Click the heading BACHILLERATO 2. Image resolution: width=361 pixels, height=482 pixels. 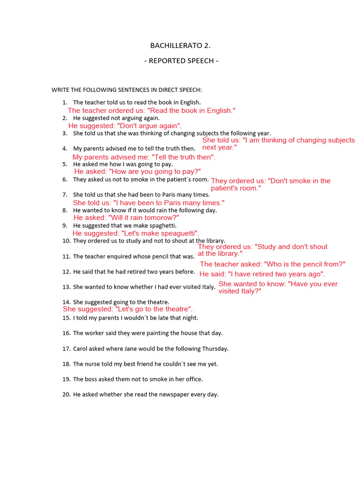tap(180, 46)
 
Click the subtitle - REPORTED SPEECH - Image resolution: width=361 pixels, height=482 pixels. tap(181, 61)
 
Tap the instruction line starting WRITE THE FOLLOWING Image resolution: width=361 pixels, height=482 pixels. tap(126, 89)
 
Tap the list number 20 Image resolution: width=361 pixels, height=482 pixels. tap(66, 395)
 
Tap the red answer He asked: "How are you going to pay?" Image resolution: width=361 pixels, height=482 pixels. tap(137, 172)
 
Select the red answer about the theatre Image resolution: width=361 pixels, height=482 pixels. tap(127, 309)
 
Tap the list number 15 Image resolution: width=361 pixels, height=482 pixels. tap(66, 318)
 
